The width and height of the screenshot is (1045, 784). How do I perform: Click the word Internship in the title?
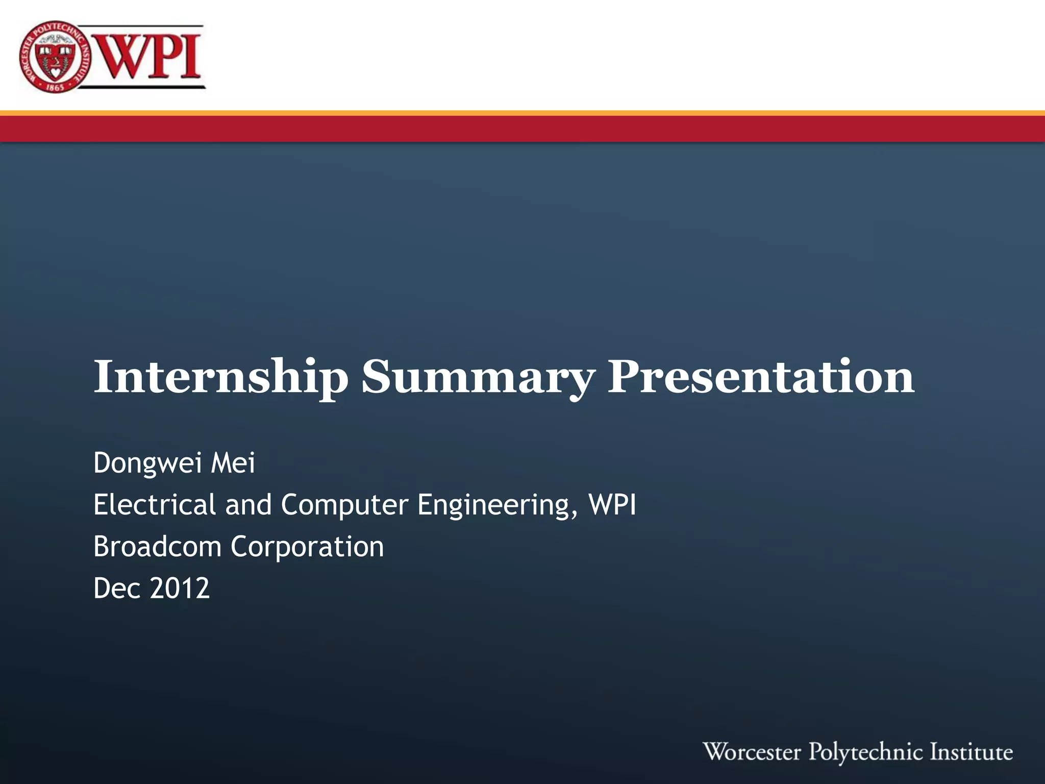pyautogui.click(x=220, y=378)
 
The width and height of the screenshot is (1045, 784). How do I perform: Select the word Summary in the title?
pyautogui.click(x=478, y=378)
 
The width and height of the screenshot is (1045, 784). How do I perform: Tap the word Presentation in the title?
pyautogui.click(x=760, y=378)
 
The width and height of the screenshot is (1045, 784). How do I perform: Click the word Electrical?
pyautogui.click(x=155, y=504)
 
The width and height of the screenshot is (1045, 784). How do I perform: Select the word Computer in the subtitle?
pyautogui.click(x=344, y=504)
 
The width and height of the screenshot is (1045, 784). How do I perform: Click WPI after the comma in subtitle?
pyautogui.click(x=612, y=504)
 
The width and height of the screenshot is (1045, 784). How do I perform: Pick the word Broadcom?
pyautogui.click(x=157, y=546)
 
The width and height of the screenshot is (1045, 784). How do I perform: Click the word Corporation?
pyautogui.click(x=307, y=547)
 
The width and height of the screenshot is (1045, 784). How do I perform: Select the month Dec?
pyautogui.click(x=117, y=588)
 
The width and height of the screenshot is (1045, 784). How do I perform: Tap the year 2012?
pyautogui.click(x=180, y=588)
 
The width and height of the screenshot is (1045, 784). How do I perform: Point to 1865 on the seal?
pyautogui.click(x=55, y=87)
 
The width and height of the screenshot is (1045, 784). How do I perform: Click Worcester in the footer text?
pyautogui.click(x=752, y=752)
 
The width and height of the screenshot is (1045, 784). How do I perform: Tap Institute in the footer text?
pyautogui.click(x=971, y=752)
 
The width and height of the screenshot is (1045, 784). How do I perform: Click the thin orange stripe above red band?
pyautogui.click(x=522, y=113)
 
